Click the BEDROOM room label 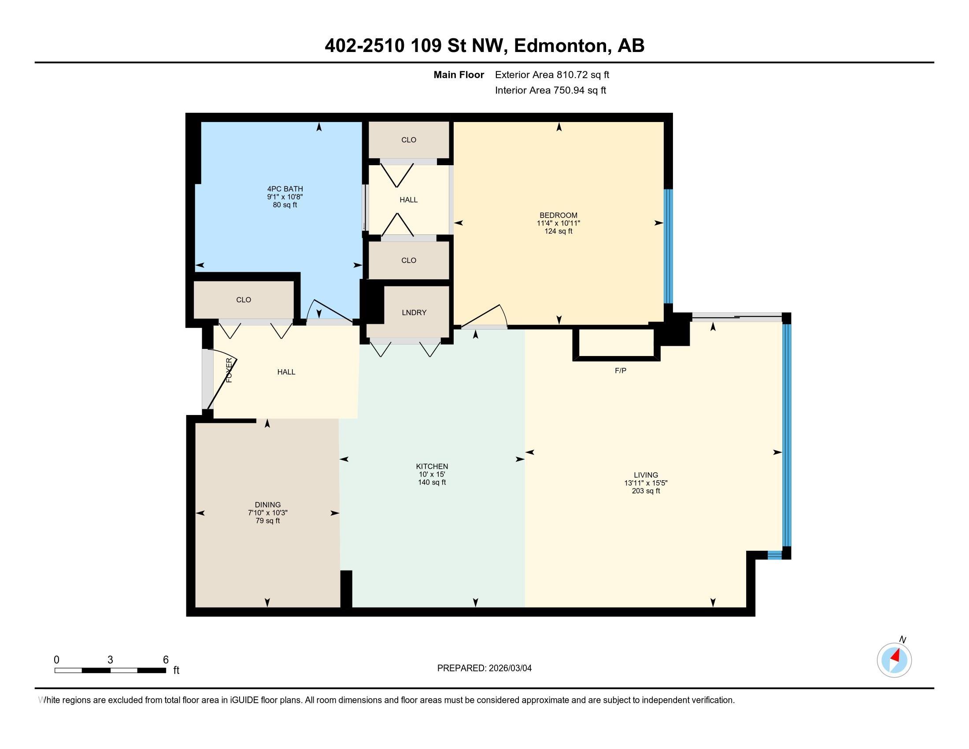click(x=558, y=215)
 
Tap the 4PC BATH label click(x=285, y=189)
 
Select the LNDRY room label click(x=414, y=312)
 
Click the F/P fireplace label click(x=620, y=371)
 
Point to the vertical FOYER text click(x=229, y=370)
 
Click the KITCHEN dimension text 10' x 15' click(x=432, y=475)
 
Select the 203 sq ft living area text click(x=646, y=491)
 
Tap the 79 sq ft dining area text click(x=267, y=520)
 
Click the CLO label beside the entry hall click(x=244, y=300)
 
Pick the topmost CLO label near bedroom click(x=409, y=140)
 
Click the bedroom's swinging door click(x=484, y=316)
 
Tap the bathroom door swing click(x=330, y=311)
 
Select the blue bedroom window click(x=668, y=246)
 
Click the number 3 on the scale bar click(x=110, y=660)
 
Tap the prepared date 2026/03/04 click(x=509, y=668)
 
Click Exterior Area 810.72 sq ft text click(x=552, y=75)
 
